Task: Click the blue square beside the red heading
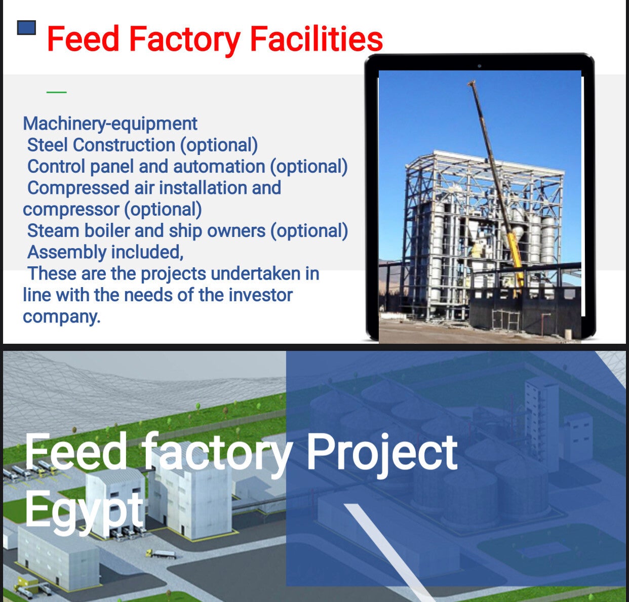(x=26, y=28)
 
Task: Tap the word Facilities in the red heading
(x=317, y=38)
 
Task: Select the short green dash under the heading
(x=57, y=93)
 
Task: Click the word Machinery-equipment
(x=110, y=124)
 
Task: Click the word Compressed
(x=78, y=188)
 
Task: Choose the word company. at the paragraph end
(x=62, y=317)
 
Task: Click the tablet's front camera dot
(x=479, y=66)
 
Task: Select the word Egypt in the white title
(x=84, y=511)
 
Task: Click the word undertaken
(x=255, y=274)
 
